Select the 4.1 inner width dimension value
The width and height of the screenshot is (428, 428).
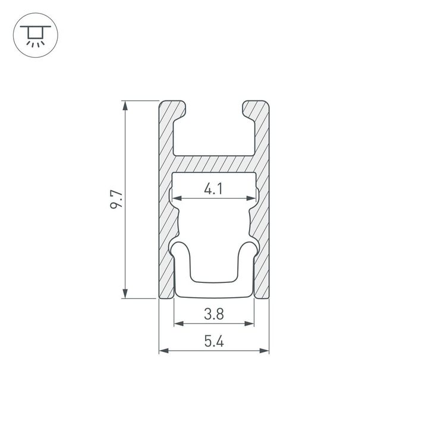point(213,190)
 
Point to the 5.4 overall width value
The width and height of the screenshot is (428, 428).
point(213,342)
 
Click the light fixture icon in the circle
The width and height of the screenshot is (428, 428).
point(36,36)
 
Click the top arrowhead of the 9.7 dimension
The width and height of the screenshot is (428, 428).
point(125,106)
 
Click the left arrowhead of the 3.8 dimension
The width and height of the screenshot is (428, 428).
point(178,324)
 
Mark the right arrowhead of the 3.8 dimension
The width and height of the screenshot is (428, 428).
point(250,324)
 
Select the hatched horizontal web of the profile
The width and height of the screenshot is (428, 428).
point(213,164)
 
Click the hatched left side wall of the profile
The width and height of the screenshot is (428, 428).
point(166,226)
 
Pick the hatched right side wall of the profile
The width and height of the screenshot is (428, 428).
point(262,226)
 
